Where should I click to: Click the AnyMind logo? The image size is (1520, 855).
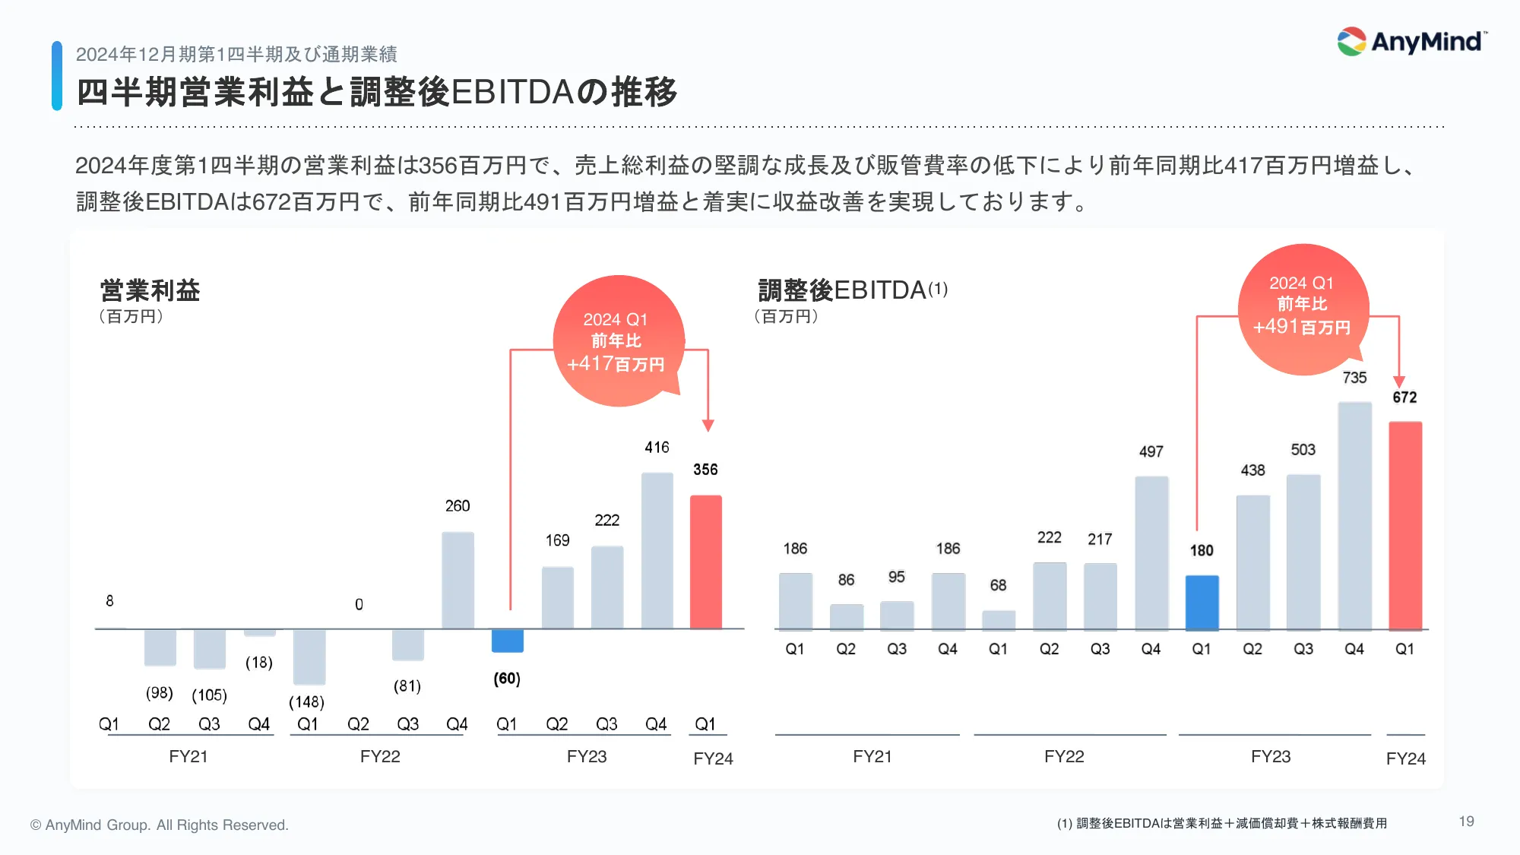pos(1411,42)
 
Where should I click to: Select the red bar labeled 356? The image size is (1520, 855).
pos(705,562)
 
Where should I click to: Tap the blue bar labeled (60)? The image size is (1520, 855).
pos(507,641)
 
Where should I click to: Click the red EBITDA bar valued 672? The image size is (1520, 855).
pos(1404,525)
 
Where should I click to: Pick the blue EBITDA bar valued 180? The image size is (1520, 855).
pos(1202,603)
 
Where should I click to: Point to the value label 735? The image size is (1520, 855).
pos(1354,378)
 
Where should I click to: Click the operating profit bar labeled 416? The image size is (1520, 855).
pos(657,550)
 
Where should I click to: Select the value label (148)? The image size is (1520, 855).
pos(306,702)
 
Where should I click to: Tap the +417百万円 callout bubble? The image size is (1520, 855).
pos(616,341)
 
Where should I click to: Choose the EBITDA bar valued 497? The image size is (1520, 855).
pos(1151,553)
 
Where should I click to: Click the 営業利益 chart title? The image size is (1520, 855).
pos(150,290)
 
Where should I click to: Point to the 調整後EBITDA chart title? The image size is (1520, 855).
pos(852,290)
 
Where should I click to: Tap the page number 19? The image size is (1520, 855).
pos(1466,822)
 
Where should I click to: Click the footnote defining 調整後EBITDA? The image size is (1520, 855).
pos(1221,823)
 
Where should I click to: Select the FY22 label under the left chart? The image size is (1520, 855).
pos(379,756)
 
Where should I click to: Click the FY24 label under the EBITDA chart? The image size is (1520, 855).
pos(1405,758)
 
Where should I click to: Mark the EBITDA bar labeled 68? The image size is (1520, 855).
pos(998,620)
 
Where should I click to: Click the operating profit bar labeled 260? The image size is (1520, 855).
pos(458,580)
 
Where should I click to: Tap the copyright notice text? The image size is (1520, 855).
pos(160,825)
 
